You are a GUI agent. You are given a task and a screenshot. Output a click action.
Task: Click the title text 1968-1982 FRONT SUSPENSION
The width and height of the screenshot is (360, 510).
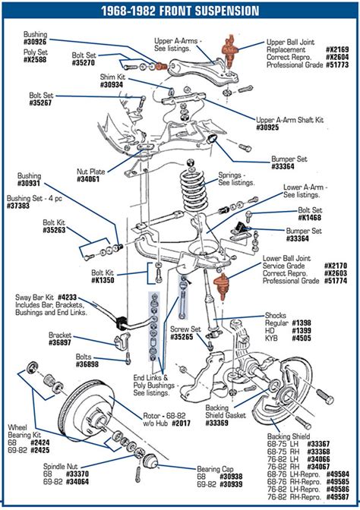point(180,11)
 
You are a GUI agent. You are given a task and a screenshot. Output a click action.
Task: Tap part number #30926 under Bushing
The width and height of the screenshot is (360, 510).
point(35,42)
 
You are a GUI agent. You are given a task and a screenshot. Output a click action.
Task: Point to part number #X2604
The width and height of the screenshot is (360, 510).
point(337,57)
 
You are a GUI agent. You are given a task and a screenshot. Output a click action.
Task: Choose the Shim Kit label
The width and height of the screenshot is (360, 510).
point(112,77)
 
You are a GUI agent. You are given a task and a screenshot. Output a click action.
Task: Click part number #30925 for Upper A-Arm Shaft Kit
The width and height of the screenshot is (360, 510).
point(267,127)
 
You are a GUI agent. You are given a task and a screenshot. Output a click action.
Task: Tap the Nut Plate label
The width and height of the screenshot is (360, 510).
point(91,172)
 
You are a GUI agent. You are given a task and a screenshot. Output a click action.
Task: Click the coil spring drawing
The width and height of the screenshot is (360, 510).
point(194,190)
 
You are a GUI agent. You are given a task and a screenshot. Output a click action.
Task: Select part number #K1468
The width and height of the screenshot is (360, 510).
point(310,218)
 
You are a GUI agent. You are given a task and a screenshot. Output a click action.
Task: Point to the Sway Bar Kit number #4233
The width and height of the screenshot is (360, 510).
point(67,297)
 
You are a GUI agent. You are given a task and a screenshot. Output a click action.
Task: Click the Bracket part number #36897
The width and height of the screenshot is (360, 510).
point(60,342)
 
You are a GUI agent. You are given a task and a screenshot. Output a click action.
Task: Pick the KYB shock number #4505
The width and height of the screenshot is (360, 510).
point(302,338)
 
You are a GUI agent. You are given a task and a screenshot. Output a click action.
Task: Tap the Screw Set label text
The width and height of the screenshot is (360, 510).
point(185,329)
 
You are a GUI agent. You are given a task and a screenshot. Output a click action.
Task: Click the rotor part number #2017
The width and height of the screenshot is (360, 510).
point(181,423)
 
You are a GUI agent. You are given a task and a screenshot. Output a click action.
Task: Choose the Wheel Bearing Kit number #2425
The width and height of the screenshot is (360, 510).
point(40,451)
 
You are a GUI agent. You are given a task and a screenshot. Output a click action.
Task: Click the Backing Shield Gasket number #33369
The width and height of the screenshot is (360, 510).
point(217,423)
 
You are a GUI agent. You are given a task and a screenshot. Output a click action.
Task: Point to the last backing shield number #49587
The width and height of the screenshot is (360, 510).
point(337,497)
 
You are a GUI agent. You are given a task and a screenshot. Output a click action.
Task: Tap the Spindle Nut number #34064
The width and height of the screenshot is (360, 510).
point(77,482)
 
